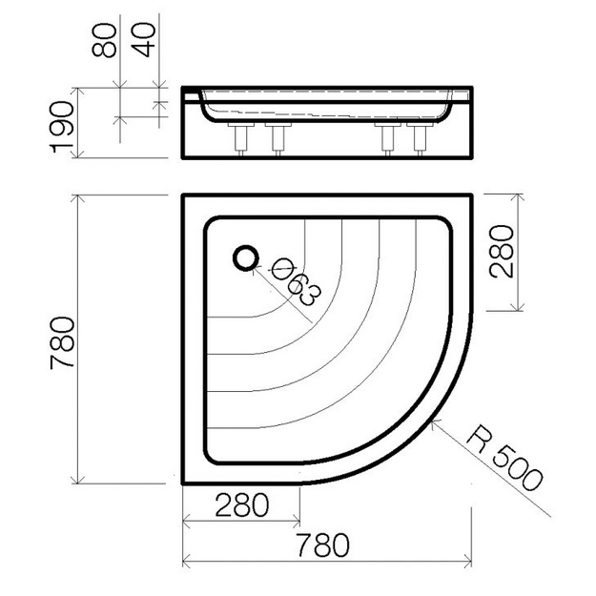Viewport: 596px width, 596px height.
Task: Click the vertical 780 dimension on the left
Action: (63, 342)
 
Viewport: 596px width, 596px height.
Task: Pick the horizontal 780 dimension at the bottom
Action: (322, 545)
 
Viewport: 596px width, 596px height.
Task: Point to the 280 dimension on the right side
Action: (502, 251)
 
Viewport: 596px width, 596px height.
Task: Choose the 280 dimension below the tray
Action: (242, 504)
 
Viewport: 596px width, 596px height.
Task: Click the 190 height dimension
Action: (62, 127)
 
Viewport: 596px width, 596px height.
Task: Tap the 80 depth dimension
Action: (104, 40)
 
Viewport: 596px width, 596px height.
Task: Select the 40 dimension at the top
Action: (143, 40)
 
